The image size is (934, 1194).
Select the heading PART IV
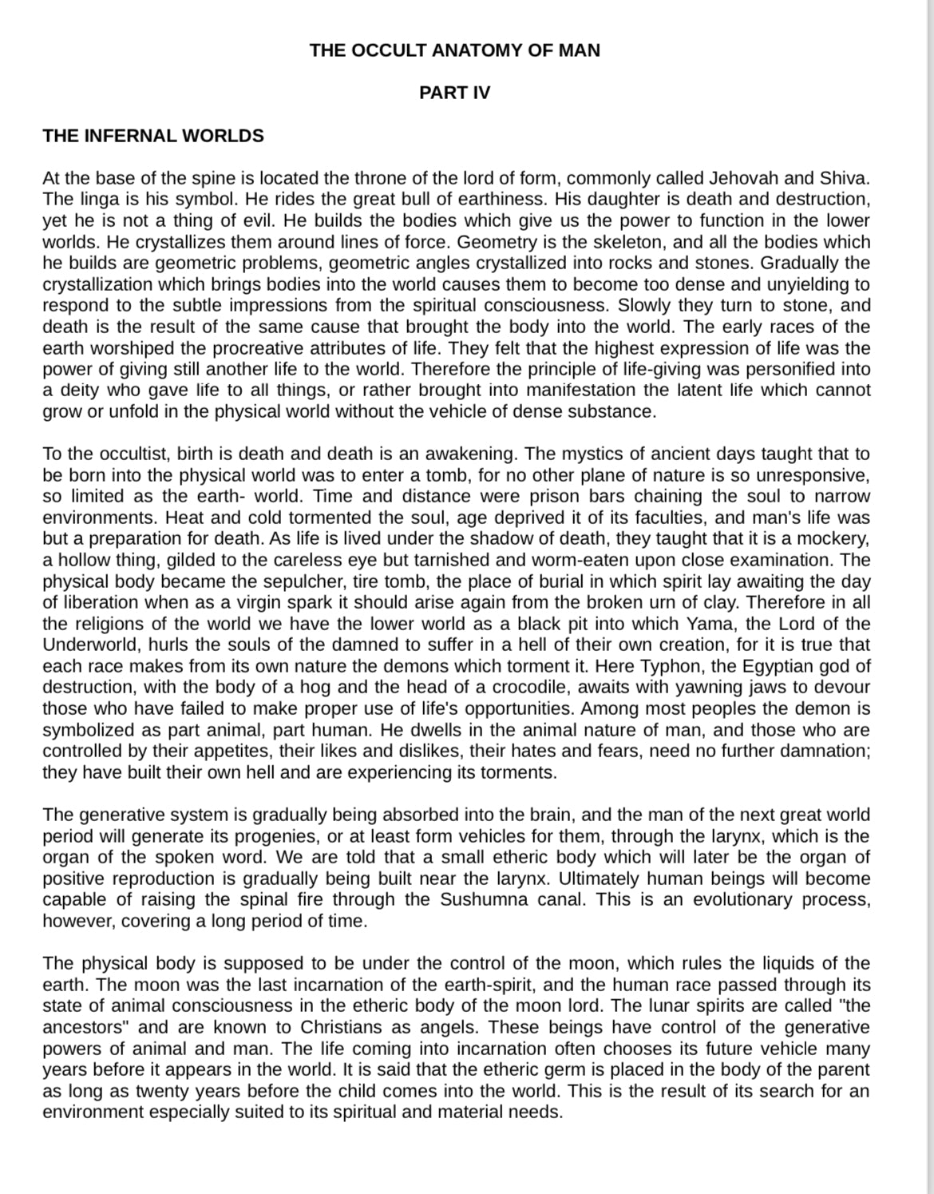(x=454, y=93)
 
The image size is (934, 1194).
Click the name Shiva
(x=844, y=178)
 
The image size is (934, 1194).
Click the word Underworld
(x=89, y=645)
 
